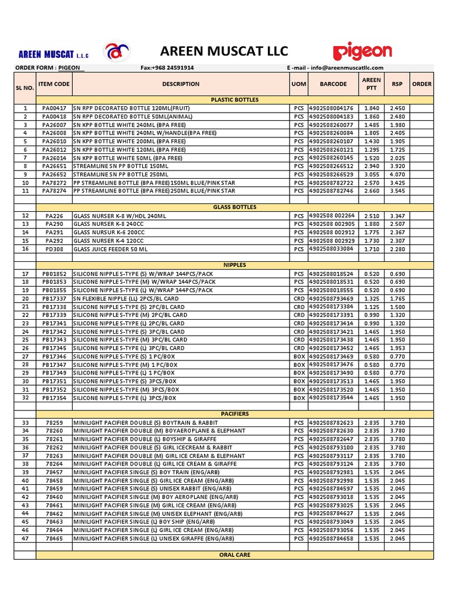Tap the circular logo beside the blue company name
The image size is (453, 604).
(x=116, y=52)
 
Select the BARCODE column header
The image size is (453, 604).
(x=333, y=84)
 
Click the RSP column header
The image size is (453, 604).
(x=397, y=84)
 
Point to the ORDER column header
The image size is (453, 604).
(x=422, y=84)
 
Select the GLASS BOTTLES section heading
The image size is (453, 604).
(x=235, y=208)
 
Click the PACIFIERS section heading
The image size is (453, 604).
(x=235, y=414)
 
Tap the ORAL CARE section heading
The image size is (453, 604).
(x=235, y=555)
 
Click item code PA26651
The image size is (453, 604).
(x=54, y=166)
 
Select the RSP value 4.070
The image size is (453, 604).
(x=397, y=175)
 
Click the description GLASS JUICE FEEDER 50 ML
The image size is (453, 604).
(x=110, y=249)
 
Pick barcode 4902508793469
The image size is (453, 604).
(x=331, y=298)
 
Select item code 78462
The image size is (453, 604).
(x=54, y=514)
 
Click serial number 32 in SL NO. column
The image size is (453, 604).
(x=25, y=398)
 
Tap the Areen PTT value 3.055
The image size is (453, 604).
(x=371, y=175)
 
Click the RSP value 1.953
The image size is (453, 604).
(x=397, y=348)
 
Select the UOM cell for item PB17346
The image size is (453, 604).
(x=299, y=357)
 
